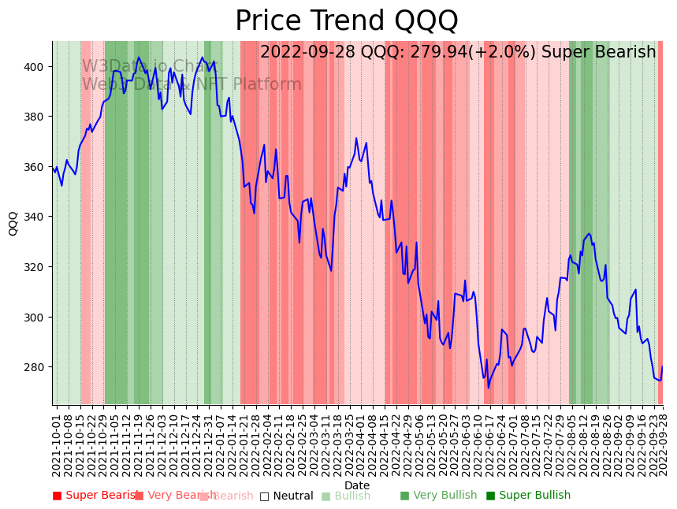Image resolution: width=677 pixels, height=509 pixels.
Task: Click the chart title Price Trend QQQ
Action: tap(346, 20)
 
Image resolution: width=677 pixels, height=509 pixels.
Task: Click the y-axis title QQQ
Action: tap(13, 223)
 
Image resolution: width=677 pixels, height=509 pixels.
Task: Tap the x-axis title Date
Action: tap(356, 485)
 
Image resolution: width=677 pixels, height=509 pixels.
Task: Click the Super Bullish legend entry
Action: tap(534, 496)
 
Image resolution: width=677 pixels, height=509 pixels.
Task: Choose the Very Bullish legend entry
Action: tap(445, 496)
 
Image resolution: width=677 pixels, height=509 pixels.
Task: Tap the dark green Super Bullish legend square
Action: tap(491, 496)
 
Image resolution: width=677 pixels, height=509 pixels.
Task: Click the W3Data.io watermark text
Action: tap(150, 66)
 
